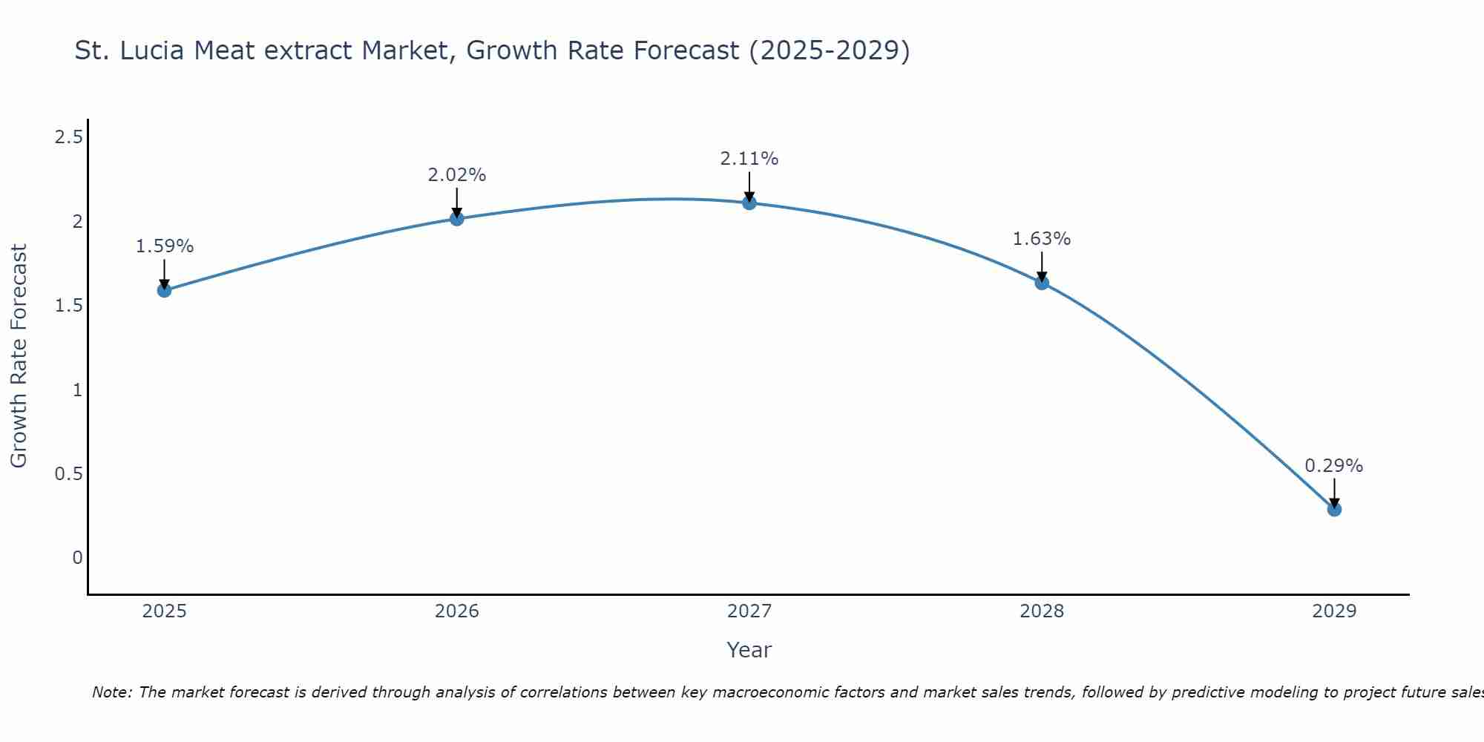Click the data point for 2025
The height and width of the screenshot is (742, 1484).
[164, 290]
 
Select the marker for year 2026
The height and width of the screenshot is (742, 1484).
[456, 218]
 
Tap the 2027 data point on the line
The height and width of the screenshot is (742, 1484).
[749, 203]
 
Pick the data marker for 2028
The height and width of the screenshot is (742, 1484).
[1042, 283]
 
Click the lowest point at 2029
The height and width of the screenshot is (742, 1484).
[1334, 509]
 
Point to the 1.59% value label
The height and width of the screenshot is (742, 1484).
[164, 246]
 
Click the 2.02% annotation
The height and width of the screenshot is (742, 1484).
[456, 175]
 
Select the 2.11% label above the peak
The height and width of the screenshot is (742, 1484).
[749, 159]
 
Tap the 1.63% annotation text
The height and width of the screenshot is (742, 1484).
[1042, 239]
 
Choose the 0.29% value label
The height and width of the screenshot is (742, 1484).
[1334, 466]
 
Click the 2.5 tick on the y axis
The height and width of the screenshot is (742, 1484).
[69, 137]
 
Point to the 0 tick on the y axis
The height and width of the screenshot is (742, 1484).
[77, 557]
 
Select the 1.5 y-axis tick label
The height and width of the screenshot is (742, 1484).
[69, 306]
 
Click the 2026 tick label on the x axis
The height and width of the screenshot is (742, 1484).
[456, 611]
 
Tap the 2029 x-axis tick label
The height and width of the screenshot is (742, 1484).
[1334, 611]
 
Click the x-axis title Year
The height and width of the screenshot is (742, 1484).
[749, 650]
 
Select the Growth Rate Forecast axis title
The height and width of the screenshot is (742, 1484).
[19, 356]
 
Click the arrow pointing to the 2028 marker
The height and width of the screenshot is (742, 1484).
[1042, 266]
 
